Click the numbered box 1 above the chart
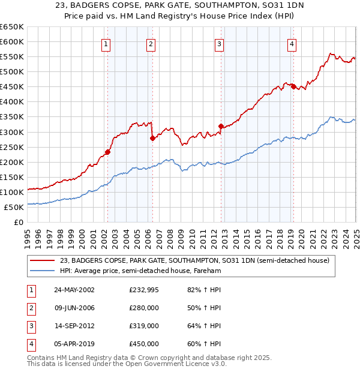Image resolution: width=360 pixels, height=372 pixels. coord(106,43)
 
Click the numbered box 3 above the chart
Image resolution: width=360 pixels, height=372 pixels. coord(220,43)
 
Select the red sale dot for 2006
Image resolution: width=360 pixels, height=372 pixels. coord(152,138)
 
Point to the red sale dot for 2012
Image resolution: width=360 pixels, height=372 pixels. coord(221,126)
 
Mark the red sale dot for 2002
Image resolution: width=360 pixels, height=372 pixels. coord(108,152)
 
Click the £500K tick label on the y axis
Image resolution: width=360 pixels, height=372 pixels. coord(12,72)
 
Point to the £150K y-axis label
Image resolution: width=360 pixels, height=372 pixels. coord(12,178)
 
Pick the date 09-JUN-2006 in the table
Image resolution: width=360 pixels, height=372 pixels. coord(74,308)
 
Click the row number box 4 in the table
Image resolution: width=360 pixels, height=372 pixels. coord(31,344)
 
